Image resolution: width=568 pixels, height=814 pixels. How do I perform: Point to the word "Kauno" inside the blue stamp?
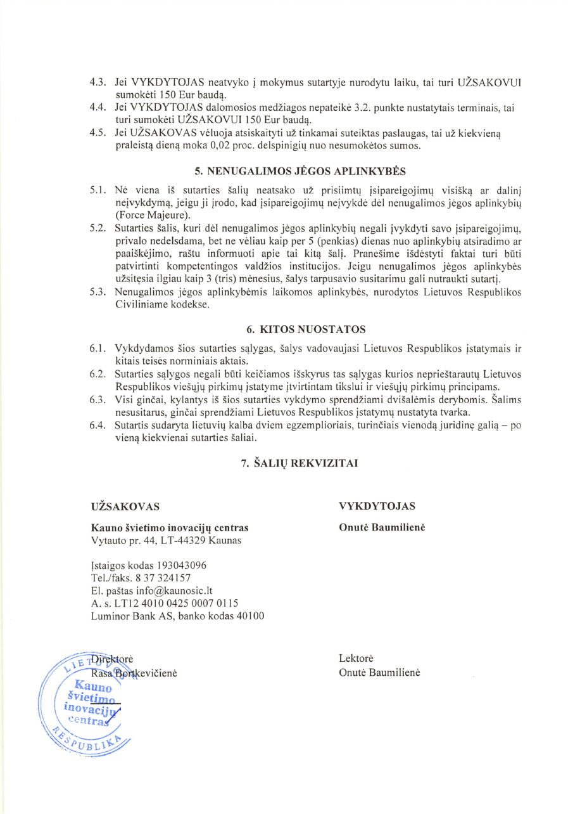coord(93,686)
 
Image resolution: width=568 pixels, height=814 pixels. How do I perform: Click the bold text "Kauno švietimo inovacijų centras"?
coord(170,527)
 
